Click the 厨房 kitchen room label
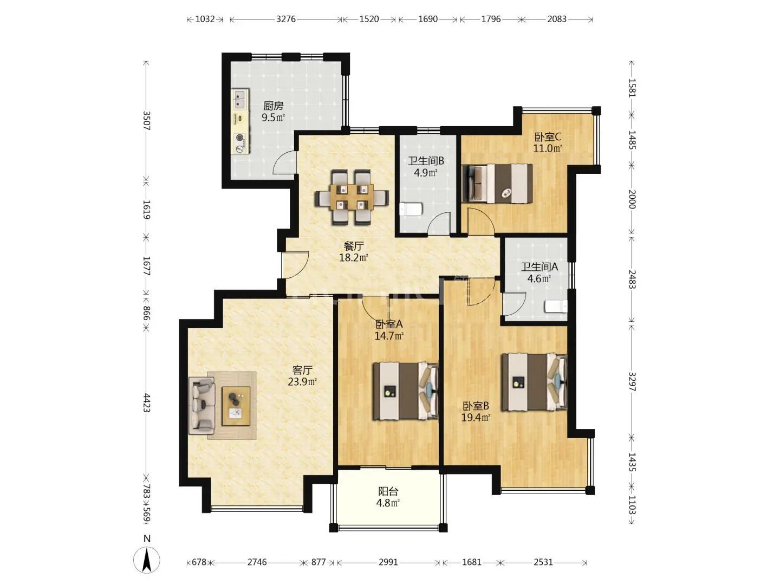273,106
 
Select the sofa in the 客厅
201,406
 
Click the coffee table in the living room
236,406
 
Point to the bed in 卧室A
405,391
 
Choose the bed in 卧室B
534,382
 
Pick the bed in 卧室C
497,183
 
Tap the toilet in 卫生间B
411,209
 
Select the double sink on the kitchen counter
240,99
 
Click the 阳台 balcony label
388,491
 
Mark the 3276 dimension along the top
285,19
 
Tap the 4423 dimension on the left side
146,402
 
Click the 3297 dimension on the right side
632,381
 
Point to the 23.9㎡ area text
302,382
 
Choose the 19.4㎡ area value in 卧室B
476,417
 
